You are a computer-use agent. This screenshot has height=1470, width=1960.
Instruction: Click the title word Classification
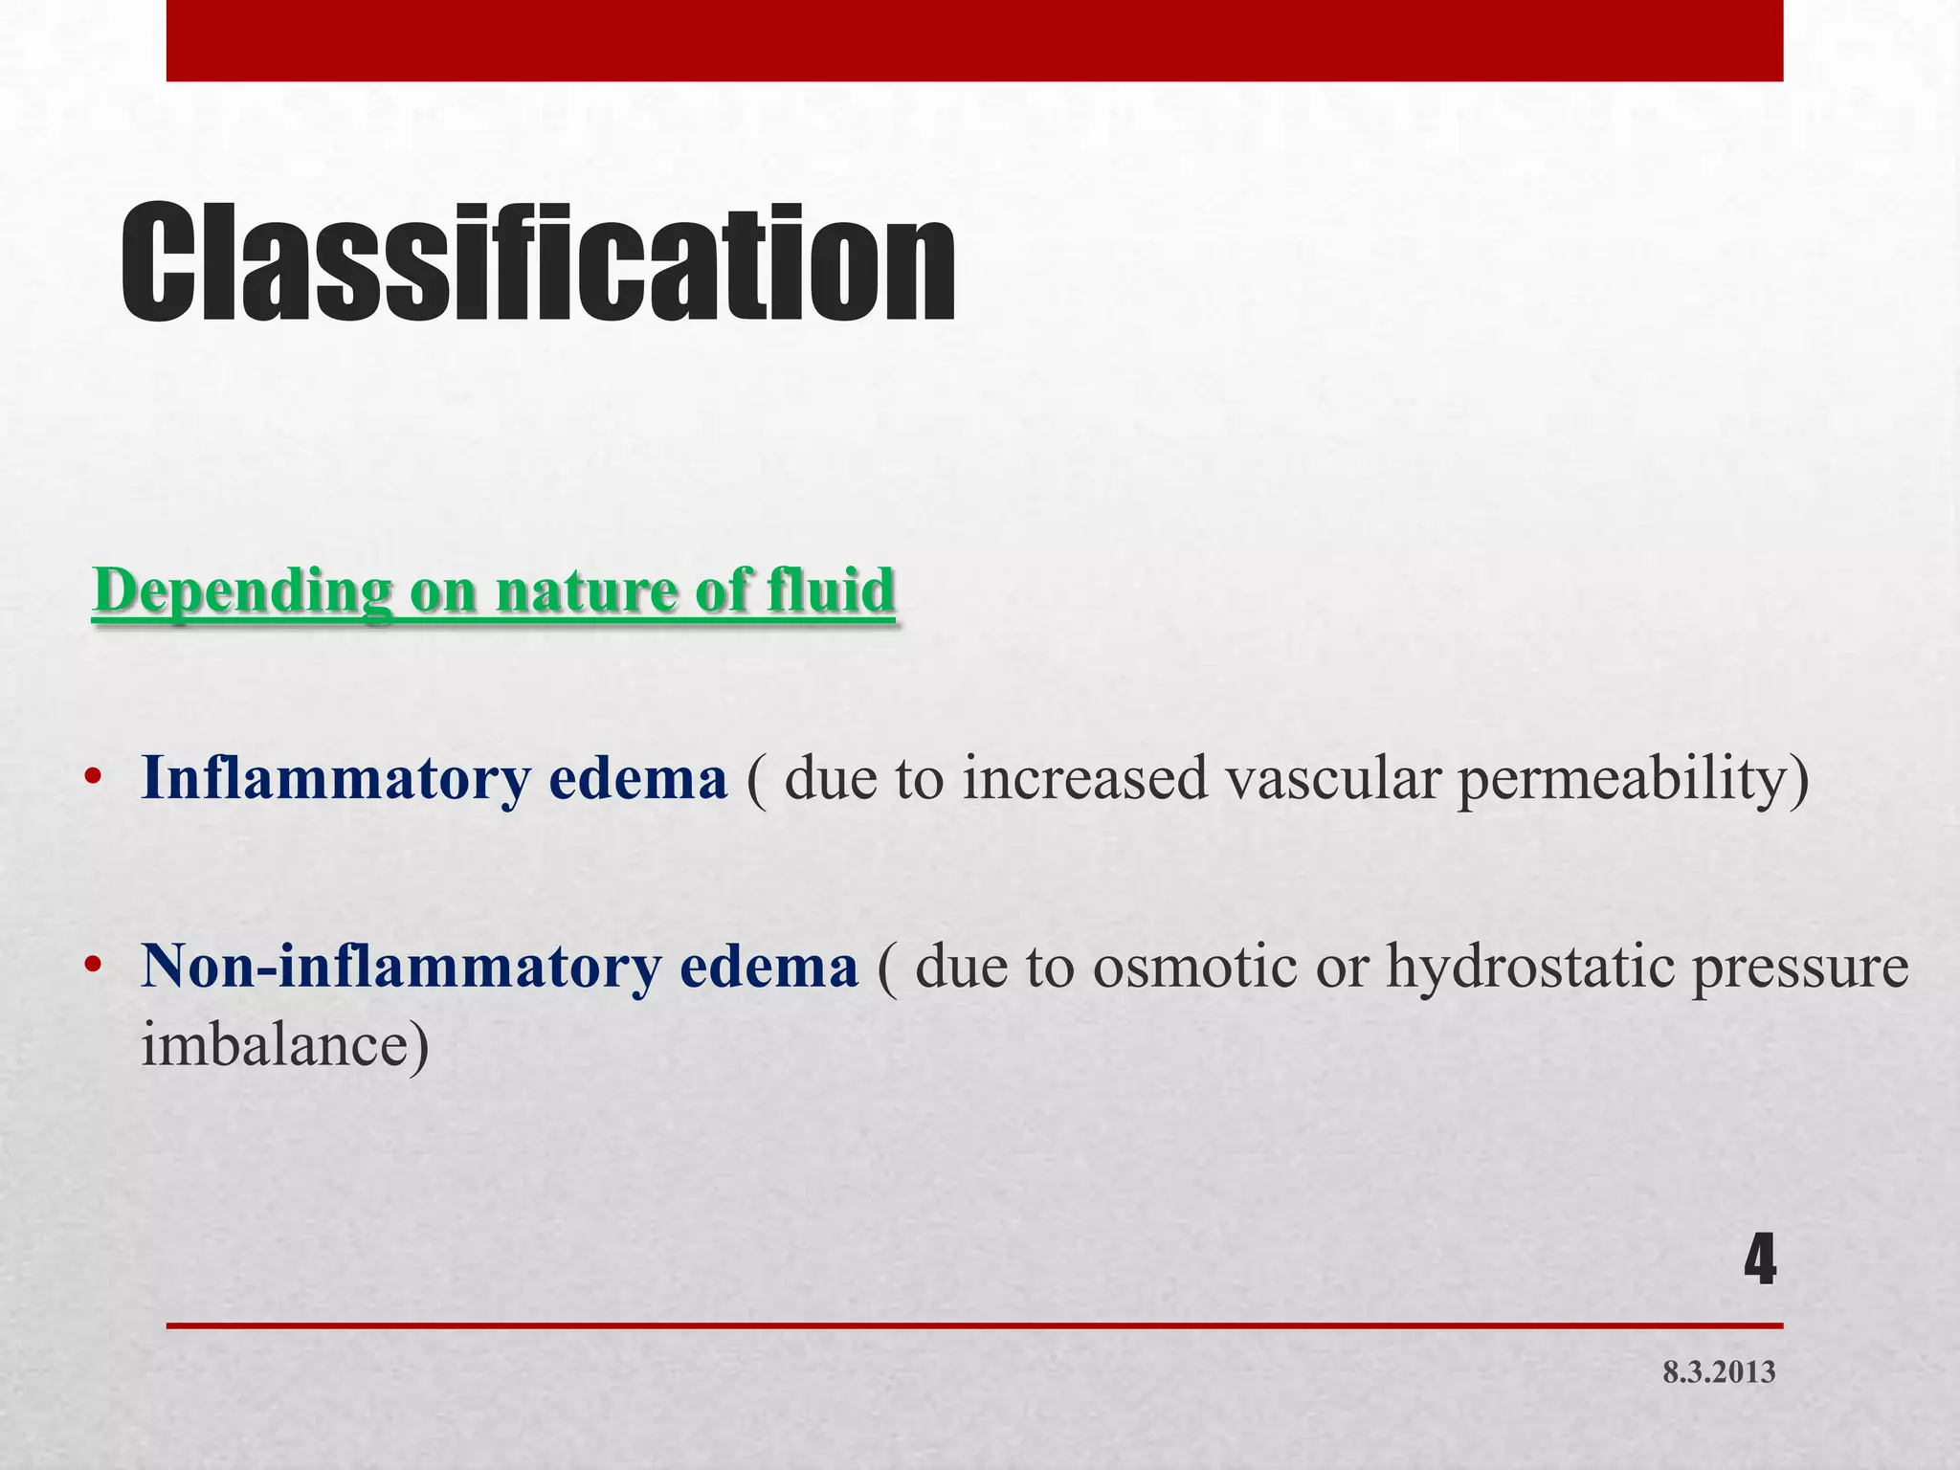538,263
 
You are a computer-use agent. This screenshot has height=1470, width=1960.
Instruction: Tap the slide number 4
1759,1261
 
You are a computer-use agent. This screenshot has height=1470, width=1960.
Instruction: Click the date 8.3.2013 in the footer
1719,1372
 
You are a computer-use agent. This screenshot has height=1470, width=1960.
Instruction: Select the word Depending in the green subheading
242,591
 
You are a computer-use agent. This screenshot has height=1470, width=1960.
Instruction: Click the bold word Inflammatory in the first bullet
335,779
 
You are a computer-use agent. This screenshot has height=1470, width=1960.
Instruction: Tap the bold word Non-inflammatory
401,967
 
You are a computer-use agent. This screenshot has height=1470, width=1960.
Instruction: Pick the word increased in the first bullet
1085,779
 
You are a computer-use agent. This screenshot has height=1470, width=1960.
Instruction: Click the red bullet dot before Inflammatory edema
93,777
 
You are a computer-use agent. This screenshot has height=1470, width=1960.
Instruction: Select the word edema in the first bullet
638,779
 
